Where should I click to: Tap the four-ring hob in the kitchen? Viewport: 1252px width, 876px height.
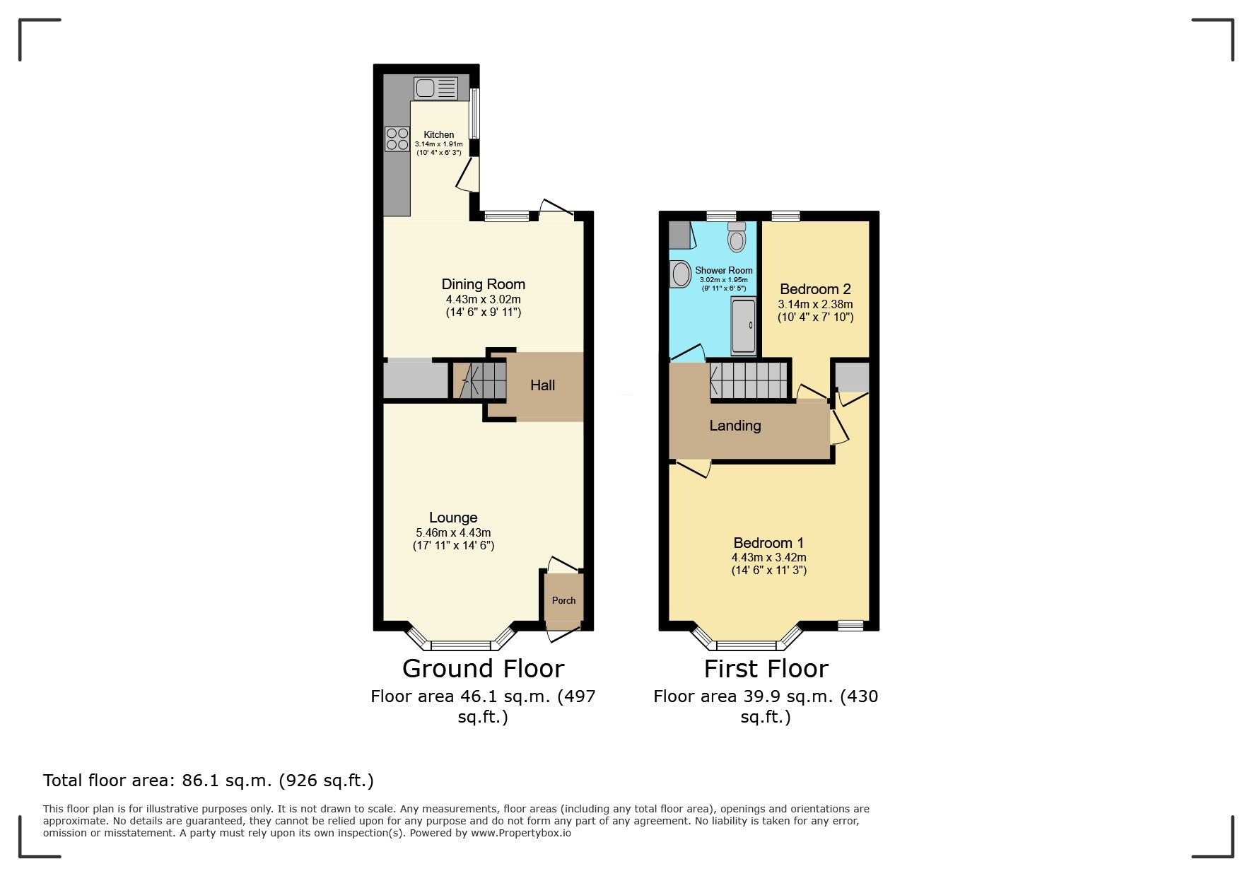click(x=397, y=139)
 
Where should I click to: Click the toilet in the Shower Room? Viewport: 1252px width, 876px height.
click(x=737, y=238)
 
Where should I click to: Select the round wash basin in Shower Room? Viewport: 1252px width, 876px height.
click(x=680, y=274)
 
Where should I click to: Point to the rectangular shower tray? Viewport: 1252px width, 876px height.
click(x=743, y=325)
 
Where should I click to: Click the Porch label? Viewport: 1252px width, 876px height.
click(x=563, y=600)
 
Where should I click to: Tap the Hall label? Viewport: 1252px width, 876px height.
click(x=542, y=385)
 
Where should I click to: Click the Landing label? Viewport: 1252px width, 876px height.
click(x=735, y=426)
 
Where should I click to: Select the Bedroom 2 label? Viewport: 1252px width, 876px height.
click(x=815, y=289)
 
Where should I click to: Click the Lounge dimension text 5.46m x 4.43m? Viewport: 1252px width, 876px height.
click(x=453, y=533)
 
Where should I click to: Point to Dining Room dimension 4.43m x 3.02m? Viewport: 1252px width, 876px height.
click(x=483, y=300)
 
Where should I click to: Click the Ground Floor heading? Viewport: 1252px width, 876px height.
click(x=483, y=668)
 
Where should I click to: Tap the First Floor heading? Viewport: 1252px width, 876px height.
click(x=766, y=668)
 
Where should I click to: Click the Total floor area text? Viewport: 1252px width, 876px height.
click(x=208, y=781)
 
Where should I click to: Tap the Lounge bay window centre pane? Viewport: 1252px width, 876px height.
click(x=460, y=645)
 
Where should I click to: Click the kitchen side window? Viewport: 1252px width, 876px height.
click(x=476, y=113)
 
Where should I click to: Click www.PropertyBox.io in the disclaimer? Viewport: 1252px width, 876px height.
click(x=521, y=833)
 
